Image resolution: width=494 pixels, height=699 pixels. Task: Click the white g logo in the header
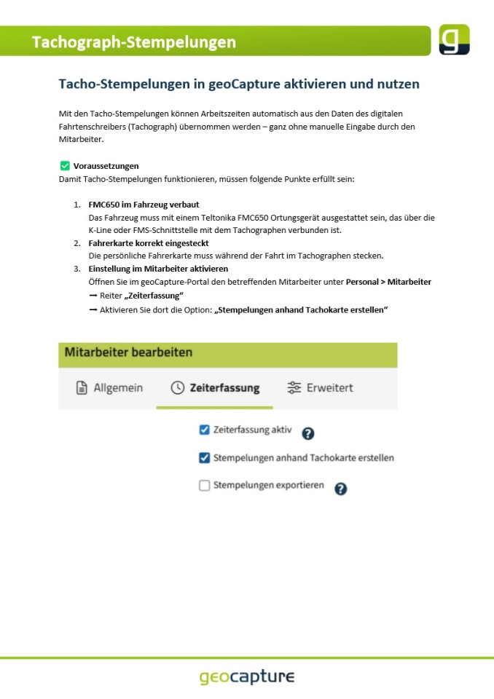(454, 40)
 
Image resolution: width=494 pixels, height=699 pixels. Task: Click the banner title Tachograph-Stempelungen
(134, 42)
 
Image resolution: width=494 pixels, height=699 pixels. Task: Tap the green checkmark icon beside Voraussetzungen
(65, 166)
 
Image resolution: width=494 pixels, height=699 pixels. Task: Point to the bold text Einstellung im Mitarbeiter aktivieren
(158, 269)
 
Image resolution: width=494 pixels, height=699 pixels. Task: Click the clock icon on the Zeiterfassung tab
(177, 388)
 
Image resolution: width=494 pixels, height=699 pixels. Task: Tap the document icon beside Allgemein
(82, 388)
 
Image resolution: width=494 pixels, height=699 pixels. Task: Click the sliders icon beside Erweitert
(294, 388)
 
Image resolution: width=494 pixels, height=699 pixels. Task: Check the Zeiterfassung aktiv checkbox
(204, 430)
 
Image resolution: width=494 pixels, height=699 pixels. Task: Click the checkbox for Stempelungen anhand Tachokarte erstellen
(204, 458)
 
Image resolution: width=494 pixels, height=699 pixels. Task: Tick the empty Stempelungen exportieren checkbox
(204, 486)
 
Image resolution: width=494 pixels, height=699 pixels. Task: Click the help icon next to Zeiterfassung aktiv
(308, 433)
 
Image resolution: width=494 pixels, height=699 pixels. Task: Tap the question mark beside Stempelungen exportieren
(340, 489)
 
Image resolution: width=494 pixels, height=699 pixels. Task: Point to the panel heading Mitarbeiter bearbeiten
(129, 352)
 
